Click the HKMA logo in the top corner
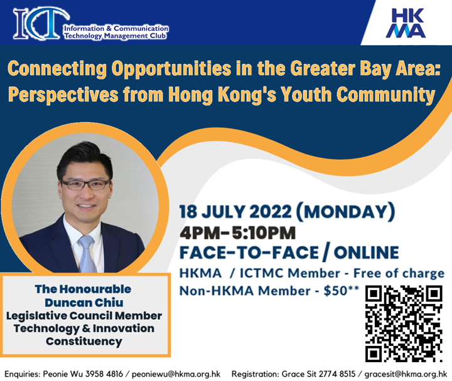coord(406,23)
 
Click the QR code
coord(404,323)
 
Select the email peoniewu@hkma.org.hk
coord(176,374)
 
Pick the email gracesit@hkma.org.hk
coord(406,374)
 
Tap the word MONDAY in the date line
coord(345,212)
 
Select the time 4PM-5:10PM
coord(238,232)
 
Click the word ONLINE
coord(366,253)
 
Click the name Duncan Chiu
coord(84,303)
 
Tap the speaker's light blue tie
coord(87,254)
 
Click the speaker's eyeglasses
coord(85,184)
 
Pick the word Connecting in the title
coord(57,68)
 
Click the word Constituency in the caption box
coord(84,342)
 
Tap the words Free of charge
coord(399,273)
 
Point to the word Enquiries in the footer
coord(22,374)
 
